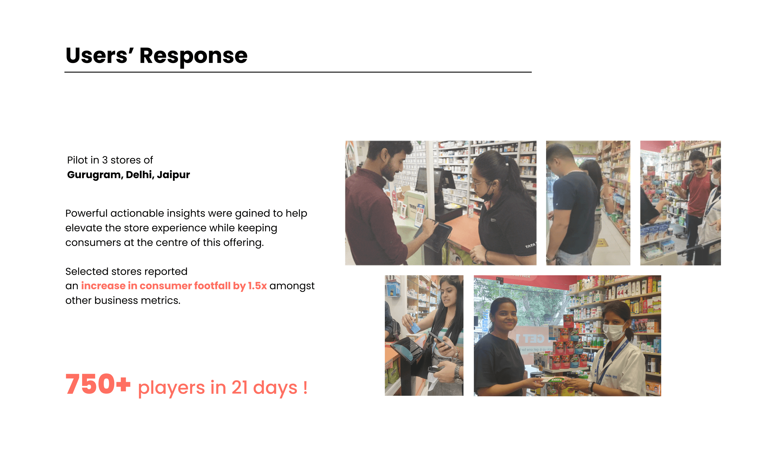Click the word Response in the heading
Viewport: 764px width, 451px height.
pyautogui.click(x=193, y=56)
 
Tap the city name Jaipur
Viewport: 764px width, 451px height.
pyautogui.click(x=173, y=175)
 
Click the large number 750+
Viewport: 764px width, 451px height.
pyautogui.click(x=98, y=384)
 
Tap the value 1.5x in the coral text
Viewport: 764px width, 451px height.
pyautogui.click(x=257, y=286)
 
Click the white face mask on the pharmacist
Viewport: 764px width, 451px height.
pyautogui.click(x=614, y=332)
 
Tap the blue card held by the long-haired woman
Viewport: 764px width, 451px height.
pyautogui.click(x=414, y=327)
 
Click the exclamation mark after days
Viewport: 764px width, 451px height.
pyautogui.click(x=305, y=388)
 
